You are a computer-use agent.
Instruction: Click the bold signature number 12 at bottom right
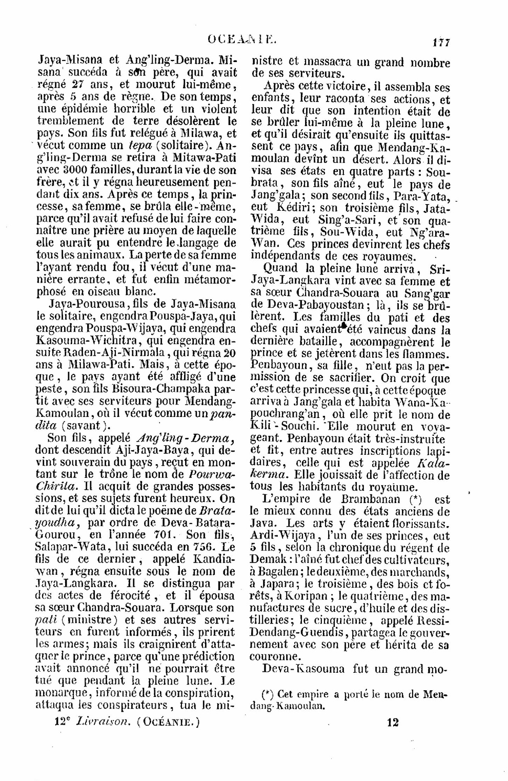pyautogui.click(x=393, y=723)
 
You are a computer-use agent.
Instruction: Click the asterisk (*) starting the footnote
pyautogui.click(x=267, y=694)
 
